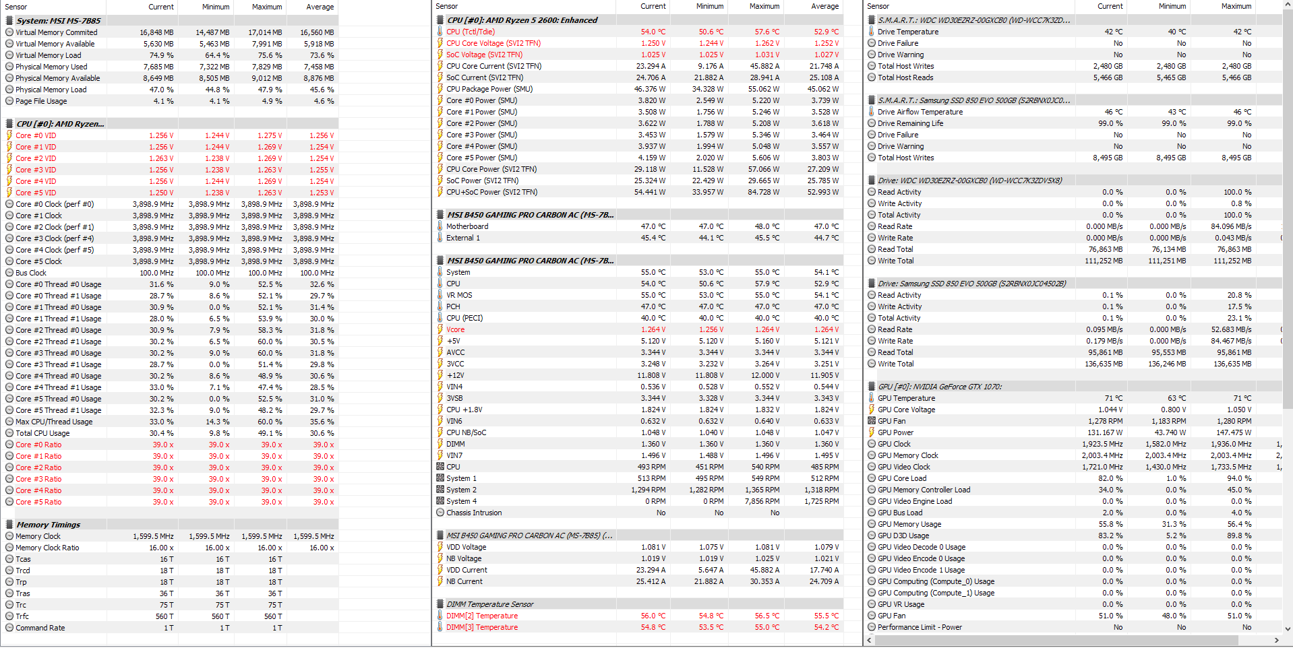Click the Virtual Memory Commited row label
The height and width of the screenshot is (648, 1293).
tap(56, 32)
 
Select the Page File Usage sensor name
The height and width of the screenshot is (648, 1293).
tap(41, 101)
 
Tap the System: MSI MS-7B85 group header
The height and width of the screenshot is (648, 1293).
tap(58, 21)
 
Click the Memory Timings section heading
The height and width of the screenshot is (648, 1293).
tap(48, 525)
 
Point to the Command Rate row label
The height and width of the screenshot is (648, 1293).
tap(40, 628)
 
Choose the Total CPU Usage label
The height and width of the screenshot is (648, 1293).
tap(42, 433)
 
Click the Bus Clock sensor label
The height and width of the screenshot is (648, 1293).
tap(31, 273)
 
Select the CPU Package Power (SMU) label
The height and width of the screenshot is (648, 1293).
tap(489, 89)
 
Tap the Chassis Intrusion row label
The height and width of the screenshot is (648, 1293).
tap(474, 513)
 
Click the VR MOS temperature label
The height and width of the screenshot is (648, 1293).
tap(459, 295)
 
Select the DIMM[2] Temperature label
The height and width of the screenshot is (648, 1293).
tap(481, 616)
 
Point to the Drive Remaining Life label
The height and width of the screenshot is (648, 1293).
tap(910, 123)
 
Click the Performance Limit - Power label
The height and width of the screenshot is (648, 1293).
tap(920, 627)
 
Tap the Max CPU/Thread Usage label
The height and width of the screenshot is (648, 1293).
tap(54, 422)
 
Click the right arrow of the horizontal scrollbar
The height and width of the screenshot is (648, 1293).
tap(1276, 640)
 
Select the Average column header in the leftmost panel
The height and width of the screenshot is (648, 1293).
tap(320, 7)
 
